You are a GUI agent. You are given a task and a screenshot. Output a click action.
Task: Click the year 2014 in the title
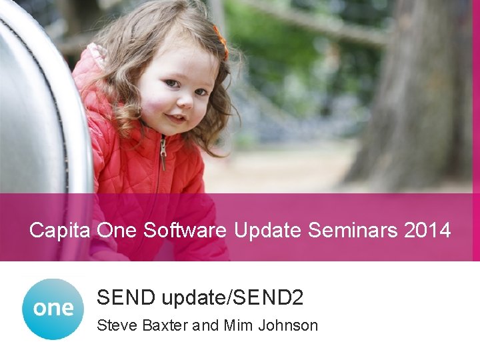pyautogui.click(x=427, y=231)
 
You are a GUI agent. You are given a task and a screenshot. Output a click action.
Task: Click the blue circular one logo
pyautogui.click(x=53, y=309)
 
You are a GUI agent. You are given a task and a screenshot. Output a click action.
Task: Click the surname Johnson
pyautogui.click(x=288, y=325)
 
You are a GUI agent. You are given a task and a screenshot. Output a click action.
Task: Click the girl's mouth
pyautogui.click(x=176, y=118)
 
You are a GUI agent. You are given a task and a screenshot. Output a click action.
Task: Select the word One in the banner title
pyautogui.click(x=116, y=231)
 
